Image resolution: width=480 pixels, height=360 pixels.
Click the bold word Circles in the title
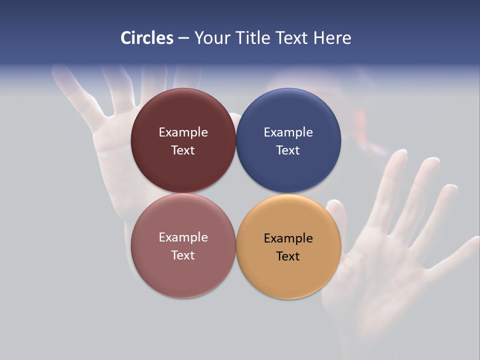[147, 38]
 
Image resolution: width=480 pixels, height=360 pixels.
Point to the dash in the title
[183, 38]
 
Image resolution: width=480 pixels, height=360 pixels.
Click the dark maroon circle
[183, 165]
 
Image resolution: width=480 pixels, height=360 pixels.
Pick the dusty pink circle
[183, 275]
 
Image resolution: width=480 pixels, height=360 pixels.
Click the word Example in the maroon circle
[183, 132]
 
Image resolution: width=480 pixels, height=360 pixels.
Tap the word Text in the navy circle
[288, 150]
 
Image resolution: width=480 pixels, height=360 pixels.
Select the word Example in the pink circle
[183, 237]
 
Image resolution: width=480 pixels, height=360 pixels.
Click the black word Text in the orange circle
[288, 256]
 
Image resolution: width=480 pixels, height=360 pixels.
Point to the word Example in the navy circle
[288, 132]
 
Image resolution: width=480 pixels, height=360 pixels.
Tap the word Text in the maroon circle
[183, 150]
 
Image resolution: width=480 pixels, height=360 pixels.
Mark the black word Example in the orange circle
[288, 238]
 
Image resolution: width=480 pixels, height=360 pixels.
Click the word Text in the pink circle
[183, 255]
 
